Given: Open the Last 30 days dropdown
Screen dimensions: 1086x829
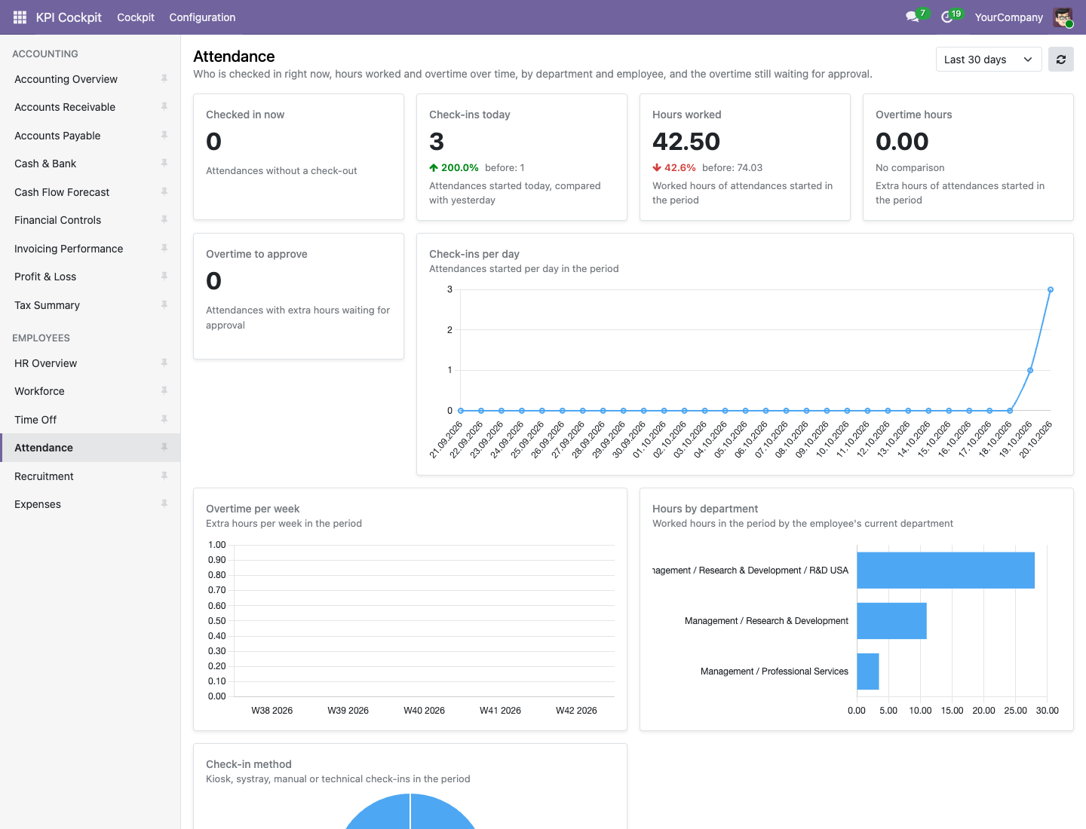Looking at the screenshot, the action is [x=988, y=60].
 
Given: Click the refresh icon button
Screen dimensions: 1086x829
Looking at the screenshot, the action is [x=1061, y=60].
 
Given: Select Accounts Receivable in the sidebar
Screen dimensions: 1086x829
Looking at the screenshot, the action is [x=65, y=107].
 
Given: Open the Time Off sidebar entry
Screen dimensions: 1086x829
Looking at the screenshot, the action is [x=35, y=419].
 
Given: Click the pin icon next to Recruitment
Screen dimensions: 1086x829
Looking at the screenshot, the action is [x=164, y=476].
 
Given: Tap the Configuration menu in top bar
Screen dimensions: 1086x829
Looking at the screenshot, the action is [x=202, y=17].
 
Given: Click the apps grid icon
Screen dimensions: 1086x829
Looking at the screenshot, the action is [x=20, y=17].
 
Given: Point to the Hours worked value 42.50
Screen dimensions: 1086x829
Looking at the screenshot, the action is [x=686, y=142].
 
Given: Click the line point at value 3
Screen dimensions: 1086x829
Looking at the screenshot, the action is [x=1051, y=289].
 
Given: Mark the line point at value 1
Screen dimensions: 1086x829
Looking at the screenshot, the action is [x=1030, y=370].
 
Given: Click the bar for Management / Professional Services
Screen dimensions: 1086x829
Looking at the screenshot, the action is [x=868, y=671].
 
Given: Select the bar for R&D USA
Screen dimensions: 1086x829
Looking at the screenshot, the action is [x=946, y=570].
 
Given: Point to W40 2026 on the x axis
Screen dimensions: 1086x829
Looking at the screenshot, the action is [x=424, y=711].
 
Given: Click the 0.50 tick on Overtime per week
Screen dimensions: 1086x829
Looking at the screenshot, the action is [x=216, y=620].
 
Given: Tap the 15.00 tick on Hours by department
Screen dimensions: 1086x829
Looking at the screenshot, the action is [x=952, y=711].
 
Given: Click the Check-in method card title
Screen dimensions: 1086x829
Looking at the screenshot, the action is [x=248, y=763].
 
